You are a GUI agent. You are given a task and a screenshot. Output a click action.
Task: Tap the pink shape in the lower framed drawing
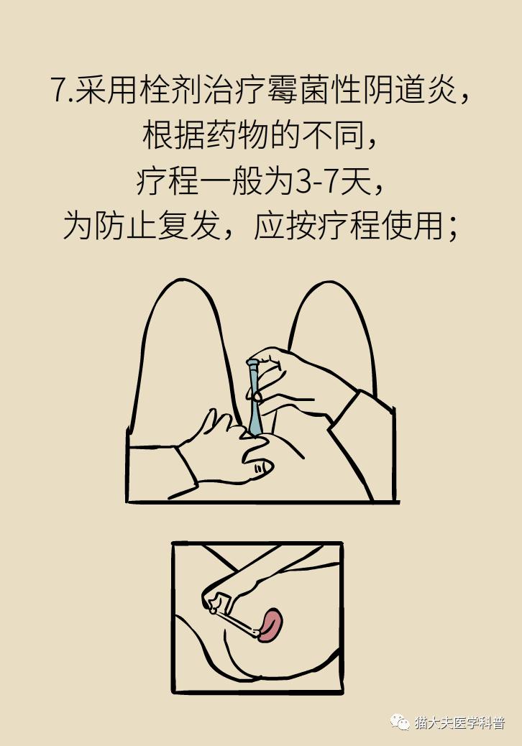pos(271,624)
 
